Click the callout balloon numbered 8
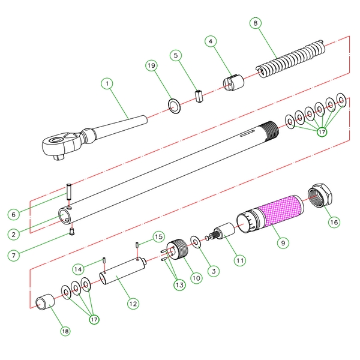[256, 23]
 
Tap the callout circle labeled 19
[152, 65]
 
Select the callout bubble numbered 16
[334, 222]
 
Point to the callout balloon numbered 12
[133, 304]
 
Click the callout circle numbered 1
[107, 84]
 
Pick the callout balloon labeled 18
[65, 331]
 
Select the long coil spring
[291, 59]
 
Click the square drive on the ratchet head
[59, 157]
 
